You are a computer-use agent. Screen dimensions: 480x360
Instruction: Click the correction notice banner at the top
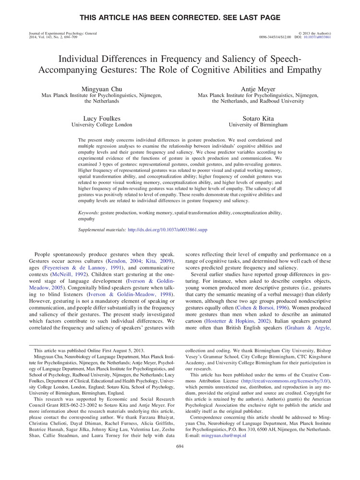point(180,18)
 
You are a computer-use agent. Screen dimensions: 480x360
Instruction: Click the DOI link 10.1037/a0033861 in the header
point(317,36)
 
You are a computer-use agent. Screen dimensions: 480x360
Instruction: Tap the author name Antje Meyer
point(258,89)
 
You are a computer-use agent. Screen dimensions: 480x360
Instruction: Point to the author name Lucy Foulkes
point(102,118)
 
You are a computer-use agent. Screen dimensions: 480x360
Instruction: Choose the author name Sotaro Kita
point(258,118)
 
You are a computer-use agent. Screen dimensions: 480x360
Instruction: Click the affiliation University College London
point(102,125)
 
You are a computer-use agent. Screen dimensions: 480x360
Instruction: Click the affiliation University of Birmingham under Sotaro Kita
point(258,125)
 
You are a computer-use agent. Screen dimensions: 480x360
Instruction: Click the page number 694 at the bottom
point(180,447)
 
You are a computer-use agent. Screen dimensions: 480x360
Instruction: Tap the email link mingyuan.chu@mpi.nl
point(224,435)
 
